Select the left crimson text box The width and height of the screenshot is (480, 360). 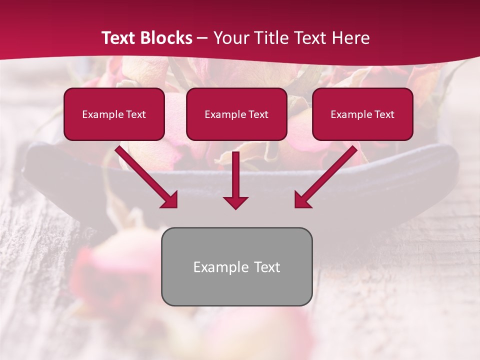(x=114, y=114)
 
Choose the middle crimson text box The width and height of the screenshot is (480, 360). (x=236, y=114)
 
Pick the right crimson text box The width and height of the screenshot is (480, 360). (x=362, y=114)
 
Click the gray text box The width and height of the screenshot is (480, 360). (x=236, y=266)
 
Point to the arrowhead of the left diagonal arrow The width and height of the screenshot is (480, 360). (x=170, y=200)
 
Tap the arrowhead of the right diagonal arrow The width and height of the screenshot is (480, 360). (x=302, y=200)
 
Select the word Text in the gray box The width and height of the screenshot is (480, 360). (x=267, y=267)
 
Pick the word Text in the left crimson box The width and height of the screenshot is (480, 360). (x=135, y=114)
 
